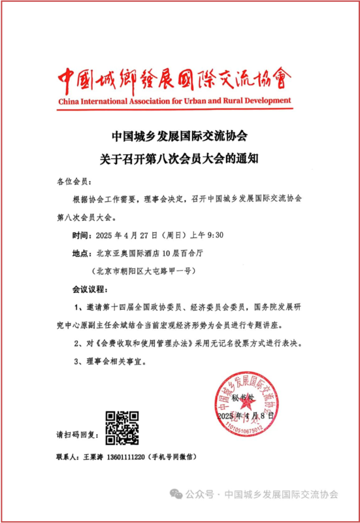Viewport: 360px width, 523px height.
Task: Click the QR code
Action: tap(122, 426)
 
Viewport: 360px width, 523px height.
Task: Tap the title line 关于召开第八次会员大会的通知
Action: tap(179, 157)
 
